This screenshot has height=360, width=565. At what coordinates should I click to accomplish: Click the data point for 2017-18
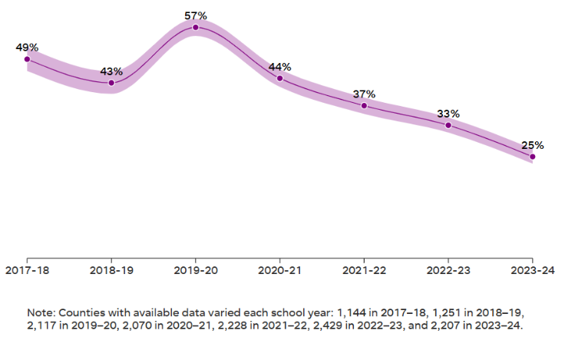click(x=27, y=59)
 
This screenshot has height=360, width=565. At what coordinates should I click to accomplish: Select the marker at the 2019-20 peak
click(x=196, y=27)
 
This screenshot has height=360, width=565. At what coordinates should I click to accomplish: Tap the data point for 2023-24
click(x=532, y=157)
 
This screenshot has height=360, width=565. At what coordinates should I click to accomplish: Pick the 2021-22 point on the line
click(x=364, y=105)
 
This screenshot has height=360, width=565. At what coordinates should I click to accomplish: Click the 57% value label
click(x=196, y=15)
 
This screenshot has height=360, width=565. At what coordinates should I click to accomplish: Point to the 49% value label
click(x=27, y=48)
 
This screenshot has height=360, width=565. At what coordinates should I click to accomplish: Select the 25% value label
click(x=533, y=144)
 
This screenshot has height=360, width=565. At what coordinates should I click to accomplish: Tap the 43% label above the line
click(x=111, y=71)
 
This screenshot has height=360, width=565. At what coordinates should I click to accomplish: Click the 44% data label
click(x=280, y=67)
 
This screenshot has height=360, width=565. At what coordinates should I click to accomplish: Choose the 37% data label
click(x=364, y=94)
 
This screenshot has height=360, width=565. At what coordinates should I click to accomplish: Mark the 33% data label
click(x=448, y=114)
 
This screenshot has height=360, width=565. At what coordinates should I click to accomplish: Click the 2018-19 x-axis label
click(x=111, y=270)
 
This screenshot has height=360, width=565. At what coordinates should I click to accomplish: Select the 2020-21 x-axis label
click(x=280, y=270)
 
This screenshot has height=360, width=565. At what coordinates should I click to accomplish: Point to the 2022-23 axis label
click(x=448, y=270)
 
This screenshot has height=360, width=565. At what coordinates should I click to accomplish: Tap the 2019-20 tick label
click(x=196, y=270)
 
